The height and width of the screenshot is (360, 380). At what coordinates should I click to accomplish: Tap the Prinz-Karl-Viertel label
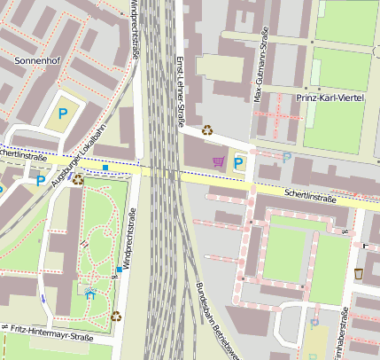[x=330, y=98]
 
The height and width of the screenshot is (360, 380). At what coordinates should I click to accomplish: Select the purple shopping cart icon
[x=218, y=161]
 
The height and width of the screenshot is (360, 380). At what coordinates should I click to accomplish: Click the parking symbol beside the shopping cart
[x=238, y=162]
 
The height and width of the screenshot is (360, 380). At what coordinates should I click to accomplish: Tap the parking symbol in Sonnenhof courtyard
[x=62, y=113]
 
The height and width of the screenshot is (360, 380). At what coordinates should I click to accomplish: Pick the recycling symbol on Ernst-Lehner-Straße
[x=207, y=129]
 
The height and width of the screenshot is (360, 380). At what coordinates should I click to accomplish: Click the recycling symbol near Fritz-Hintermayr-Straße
[x=116, y=315]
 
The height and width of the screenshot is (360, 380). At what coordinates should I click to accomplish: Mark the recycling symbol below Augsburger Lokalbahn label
[x=78, y=179]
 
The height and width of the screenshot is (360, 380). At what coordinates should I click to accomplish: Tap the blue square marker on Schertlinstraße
[x=105, y=167]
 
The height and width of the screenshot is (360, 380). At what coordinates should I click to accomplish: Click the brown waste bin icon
[x=359, y=273]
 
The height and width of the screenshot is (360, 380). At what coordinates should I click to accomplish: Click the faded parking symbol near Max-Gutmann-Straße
[x=286, y=157]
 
